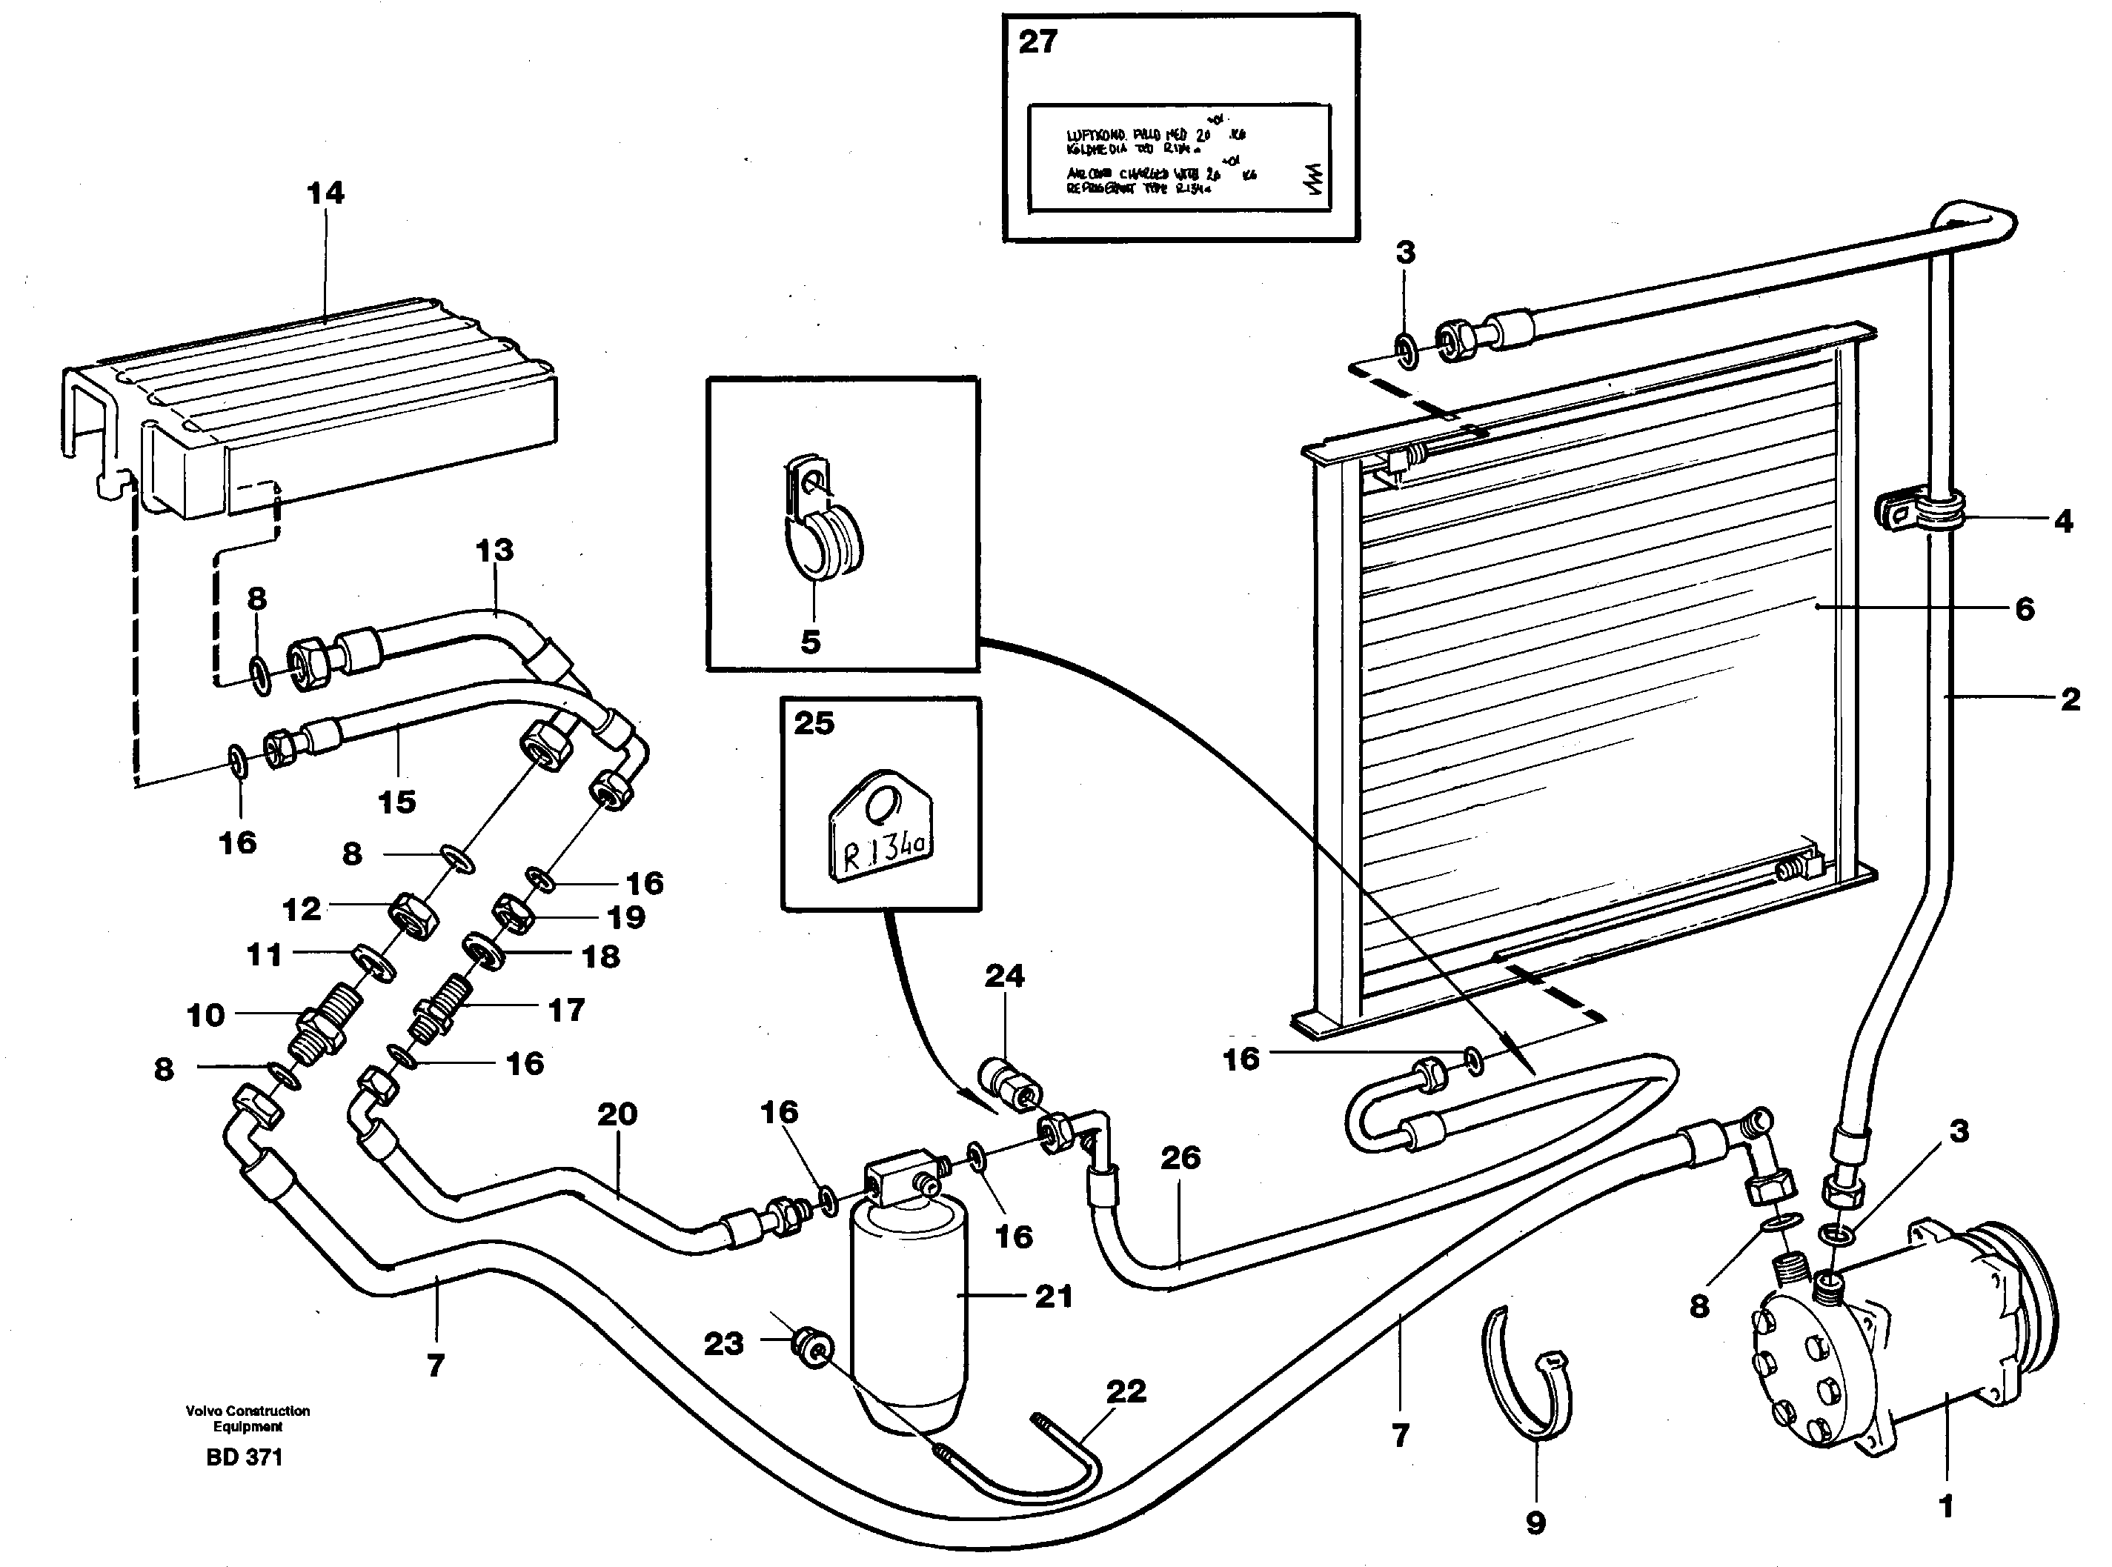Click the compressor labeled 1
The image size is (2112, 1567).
pyautogui.click(x=1888, y=1337)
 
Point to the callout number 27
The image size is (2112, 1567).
pyautogui.click(x=1037, y=43)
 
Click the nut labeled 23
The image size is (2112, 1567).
pyautogui.click(x=813, y=1347)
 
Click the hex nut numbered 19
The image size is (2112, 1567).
pyautogui.click(x=514, y=914)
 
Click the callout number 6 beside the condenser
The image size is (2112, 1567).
pyautogui.click(x=2024, y=608)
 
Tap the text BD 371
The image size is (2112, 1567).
pyautogui.click(x=245, y=1457)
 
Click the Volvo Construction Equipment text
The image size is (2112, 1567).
pyautogui.click(x=248, y=1418)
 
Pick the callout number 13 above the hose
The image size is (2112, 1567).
pyautogui.click(x=494, y=550)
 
